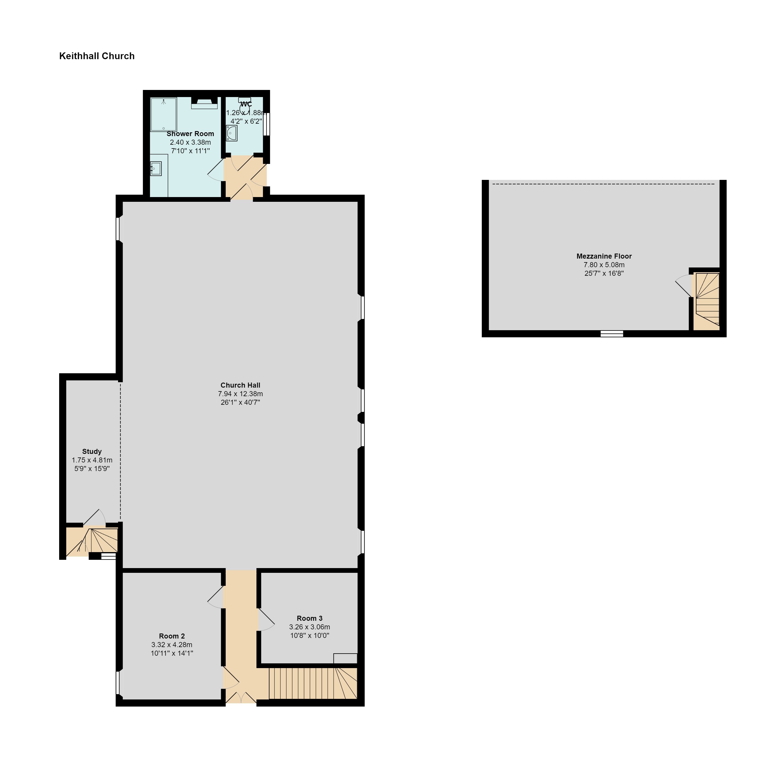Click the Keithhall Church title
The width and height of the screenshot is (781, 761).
click(97, 56)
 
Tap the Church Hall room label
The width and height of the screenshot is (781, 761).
click(240, 385)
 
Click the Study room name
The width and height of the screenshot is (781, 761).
click(92, 452)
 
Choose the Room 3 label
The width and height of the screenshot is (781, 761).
click(310, 618)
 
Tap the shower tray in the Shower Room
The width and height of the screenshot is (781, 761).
click(164, 114)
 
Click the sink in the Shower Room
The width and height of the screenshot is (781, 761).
click(156, 169)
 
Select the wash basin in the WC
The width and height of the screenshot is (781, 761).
click(231, 133)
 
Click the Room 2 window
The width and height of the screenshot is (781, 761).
click(118, 683)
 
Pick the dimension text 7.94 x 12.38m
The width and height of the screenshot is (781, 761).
click(240, 394)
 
